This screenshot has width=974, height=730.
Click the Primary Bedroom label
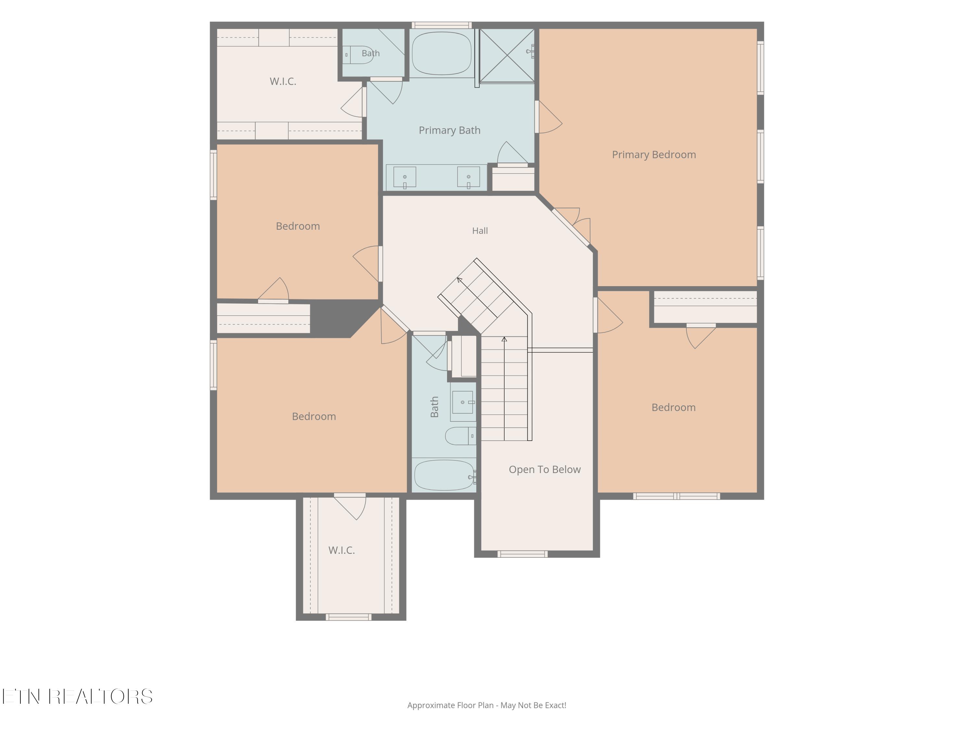coord(654,155)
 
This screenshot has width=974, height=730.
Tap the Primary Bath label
coord(450,130)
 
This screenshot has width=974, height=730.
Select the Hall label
coord(480,231)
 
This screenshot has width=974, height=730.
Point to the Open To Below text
coord(545,469)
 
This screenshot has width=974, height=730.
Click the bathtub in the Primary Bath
coord(442,53)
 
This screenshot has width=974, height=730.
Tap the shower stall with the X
coord(507,55)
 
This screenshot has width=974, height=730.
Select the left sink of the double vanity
coord(405,177)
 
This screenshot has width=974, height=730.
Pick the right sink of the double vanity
coord(468,177)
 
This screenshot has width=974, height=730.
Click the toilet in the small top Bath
coord(358,55)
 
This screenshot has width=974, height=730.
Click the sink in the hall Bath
coord(463,402)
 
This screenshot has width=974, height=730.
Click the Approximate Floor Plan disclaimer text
coord(487,705)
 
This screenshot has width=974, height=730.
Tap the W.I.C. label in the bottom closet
coord(342,550)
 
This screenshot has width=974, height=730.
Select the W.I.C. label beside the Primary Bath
coord(283,81)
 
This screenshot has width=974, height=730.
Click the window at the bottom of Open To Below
coord(523,554)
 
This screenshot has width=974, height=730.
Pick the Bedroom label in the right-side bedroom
coord(674,408)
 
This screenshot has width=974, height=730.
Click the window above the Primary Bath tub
coord(442,25)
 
